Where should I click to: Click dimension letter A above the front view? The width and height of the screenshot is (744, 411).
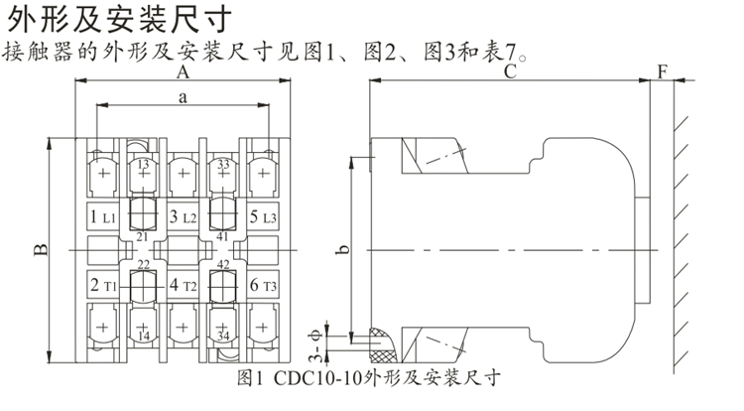tap(183, 72)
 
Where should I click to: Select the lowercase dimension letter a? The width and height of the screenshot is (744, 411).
tap(183, 96)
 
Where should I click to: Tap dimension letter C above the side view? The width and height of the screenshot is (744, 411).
tap(509, 71)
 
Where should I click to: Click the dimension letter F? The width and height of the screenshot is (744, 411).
tap(662, 71)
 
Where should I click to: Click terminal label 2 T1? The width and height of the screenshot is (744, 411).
tap(103, 286)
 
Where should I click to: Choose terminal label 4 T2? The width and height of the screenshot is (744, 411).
tap(184, 286)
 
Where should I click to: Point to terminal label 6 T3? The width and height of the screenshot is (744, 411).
tap(263, 286)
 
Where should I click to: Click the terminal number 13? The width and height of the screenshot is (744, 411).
tap(143, 164)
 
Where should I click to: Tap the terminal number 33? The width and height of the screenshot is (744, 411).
tap(224, 164)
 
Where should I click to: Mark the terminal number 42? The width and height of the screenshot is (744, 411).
tap(224, 264)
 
